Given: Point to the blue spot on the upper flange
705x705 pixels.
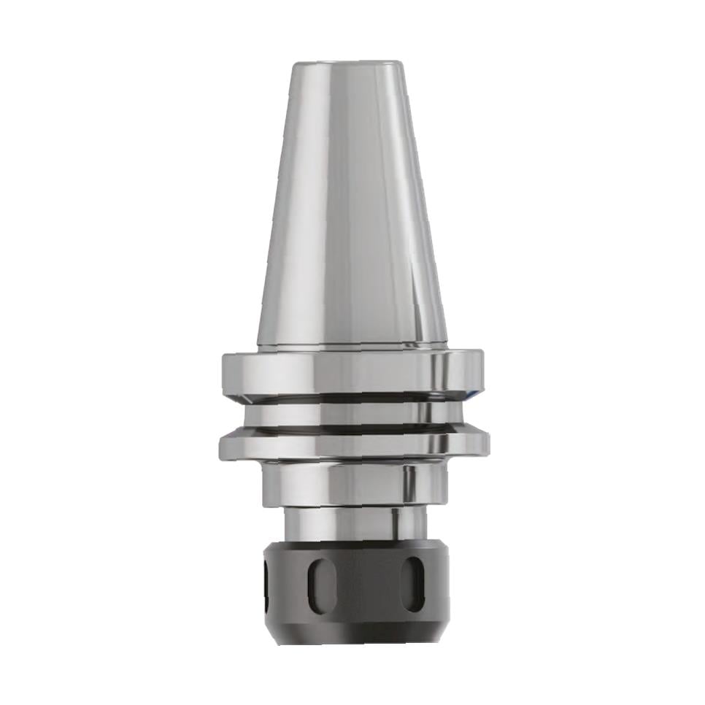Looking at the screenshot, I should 475,394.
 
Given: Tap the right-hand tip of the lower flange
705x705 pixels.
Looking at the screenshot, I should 487,442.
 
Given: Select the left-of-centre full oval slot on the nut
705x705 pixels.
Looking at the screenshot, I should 322,585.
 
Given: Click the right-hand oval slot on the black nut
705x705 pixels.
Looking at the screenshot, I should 413,585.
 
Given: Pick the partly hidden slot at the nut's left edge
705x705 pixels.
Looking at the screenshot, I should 266,584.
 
